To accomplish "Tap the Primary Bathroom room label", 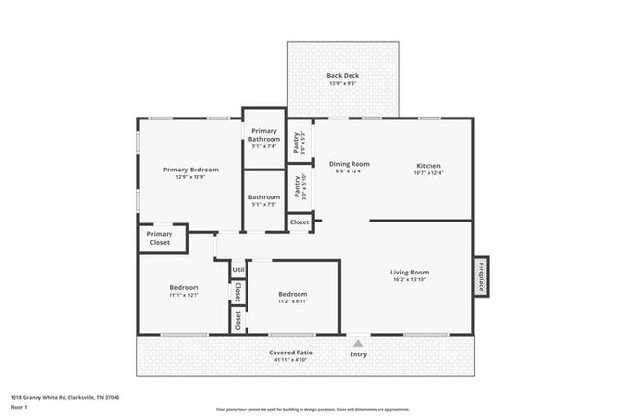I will tap(265, 135).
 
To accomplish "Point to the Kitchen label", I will tap(428, 165).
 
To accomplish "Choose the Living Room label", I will tap(409, 272).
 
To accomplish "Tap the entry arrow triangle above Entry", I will tap(358, 342).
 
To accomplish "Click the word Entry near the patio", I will tap(358, 353).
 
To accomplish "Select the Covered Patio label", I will tap(290, 353).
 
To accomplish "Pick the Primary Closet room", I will tap(160, 238).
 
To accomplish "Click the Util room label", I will tap(238, 270).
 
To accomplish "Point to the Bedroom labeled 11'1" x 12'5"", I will tap(184, 287).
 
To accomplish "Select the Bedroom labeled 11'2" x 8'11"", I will tap(293, 294).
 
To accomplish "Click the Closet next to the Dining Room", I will tap(300, 222).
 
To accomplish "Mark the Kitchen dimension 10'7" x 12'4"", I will tap(428, 172).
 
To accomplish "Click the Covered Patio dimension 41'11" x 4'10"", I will tap(290, 360).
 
